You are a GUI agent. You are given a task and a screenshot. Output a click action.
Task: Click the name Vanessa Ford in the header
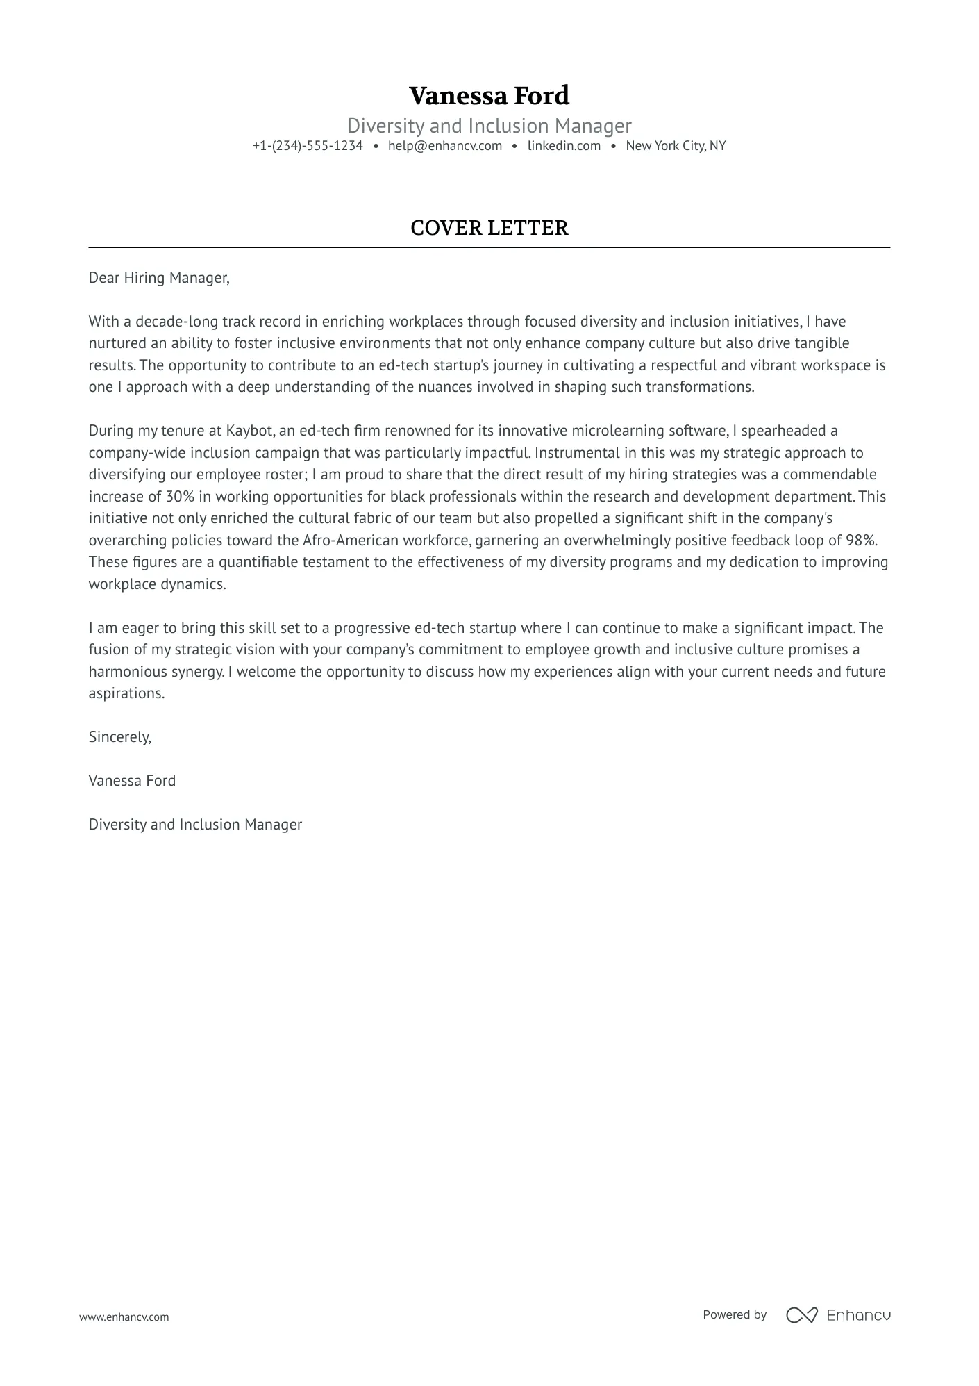(489, 95)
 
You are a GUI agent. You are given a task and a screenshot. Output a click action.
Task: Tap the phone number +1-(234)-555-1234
(308, 146)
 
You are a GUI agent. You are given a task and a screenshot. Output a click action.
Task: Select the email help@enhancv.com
(445, 146)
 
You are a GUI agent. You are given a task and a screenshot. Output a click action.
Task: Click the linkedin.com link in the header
(564, 146)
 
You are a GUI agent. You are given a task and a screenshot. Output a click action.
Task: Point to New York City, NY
(676, 146)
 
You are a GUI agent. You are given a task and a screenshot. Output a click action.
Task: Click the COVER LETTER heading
(489, 228)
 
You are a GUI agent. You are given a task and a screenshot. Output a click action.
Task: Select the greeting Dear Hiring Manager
(158, 278)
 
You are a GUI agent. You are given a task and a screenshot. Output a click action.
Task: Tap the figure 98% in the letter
(861, 541)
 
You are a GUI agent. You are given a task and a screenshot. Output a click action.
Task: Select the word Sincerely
(119, 737)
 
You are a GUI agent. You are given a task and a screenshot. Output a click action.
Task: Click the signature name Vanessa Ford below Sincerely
(132, 781)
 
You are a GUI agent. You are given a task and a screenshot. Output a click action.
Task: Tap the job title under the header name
(489, 126)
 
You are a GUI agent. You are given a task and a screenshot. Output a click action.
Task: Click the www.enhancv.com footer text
(124, 1317)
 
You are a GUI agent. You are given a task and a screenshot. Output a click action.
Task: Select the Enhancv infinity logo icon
(801, 1315)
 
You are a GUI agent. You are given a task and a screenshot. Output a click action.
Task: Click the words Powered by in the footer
(734, 1314)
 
